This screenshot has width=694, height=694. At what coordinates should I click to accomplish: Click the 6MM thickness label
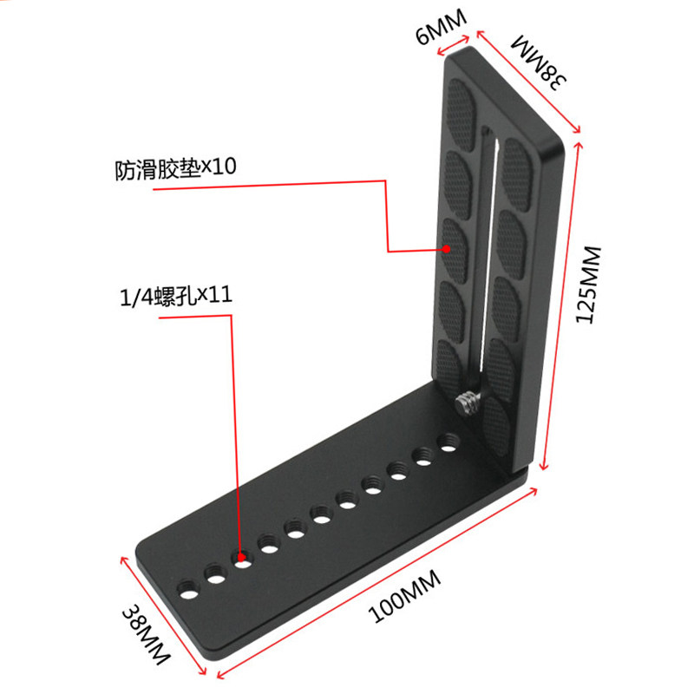[442, 27]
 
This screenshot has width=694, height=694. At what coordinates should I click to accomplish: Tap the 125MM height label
[590, 285]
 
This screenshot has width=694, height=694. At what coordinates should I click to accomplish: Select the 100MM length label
[404, 596]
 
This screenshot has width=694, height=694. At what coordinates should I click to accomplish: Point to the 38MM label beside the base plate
[146, 634]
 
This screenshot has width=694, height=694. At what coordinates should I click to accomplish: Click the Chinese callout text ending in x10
[175, 168]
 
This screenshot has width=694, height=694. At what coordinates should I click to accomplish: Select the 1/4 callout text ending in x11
[176, 296]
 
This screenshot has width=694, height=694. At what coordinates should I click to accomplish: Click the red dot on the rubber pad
[447, 249]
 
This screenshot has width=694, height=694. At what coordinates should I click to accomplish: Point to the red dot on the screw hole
[241, 557]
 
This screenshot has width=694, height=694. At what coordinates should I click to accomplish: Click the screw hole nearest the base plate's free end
[188, 590]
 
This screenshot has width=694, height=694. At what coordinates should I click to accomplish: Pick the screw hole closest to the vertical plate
[448, 443]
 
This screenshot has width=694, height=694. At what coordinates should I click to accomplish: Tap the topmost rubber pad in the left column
[462, 115]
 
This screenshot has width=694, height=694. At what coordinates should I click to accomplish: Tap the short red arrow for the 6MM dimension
[453, 46]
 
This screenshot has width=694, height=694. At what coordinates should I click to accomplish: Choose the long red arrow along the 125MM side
[561, 305]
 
